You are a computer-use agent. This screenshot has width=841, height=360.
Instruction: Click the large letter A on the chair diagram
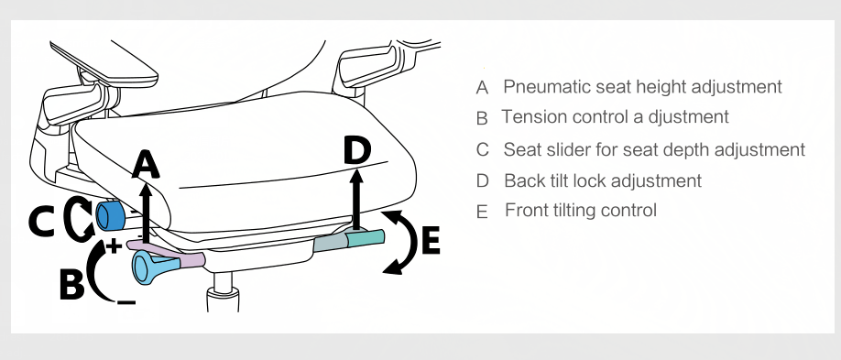click(x=146, y=164)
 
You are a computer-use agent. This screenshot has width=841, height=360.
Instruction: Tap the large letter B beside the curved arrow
click(x=71, y=284)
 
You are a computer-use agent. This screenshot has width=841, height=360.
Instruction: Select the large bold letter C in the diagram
click(x=41, y=222)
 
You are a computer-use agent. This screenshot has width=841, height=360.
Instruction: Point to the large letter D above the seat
click(x=357, y=150)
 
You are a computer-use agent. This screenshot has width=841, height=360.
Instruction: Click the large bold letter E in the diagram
click(x=431, y=240)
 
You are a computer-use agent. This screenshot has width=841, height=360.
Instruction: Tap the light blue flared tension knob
click(x=156, y=267)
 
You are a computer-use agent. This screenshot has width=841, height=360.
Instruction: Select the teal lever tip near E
click(x=366, y=238)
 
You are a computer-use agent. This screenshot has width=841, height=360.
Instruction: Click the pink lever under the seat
click(x=166, y=253)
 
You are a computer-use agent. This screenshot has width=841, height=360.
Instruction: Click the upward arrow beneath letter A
click(x=144, y=212)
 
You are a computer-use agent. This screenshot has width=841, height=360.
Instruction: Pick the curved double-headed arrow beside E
click(x=409, y=243)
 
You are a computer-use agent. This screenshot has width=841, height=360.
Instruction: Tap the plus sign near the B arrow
click(x=114, y=246)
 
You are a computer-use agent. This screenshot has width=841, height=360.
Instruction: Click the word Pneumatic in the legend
click(x=541, y=86)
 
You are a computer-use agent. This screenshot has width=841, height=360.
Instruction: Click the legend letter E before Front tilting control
click(x=482, y=212)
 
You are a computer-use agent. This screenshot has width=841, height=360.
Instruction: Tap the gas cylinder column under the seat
click(x=224, y=291)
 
